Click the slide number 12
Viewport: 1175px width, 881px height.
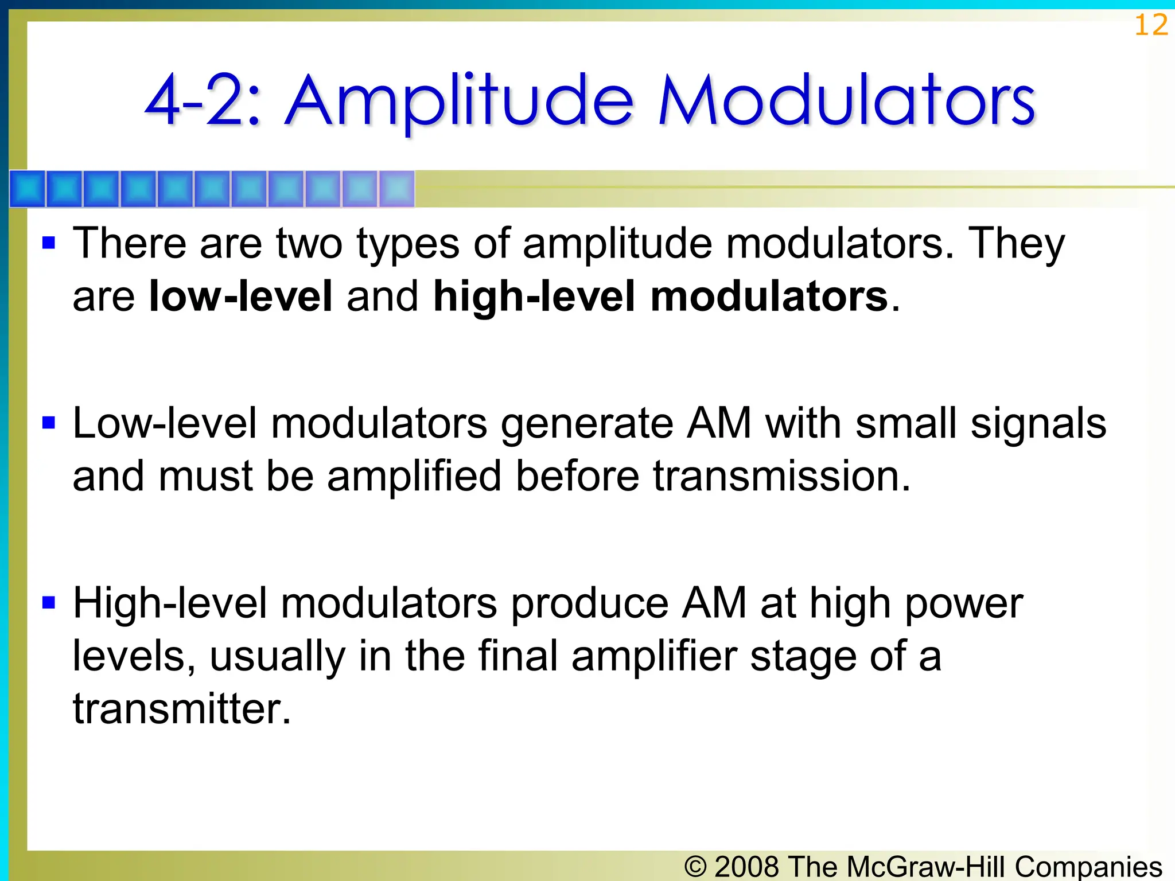[x=1151, y=26]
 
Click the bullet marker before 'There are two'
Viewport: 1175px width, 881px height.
[x=49, y=243]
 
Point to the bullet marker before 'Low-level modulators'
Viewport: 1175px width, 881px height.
[x=49, y=423]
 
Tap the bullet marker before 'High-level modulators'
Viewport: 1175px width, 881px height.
[x=49, y=603]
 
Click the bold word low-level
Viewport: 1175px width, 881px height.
[x=240, y=297]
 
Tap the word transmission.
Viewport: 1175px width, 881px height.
[x=781, y=477]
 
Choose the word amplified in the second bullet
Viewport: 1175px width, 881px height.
[x=414, y=477]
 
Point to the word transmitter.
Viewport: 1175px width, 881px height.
[x=182, y=710]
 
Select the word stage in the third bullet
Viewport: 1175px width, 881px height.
[x=803, y=657]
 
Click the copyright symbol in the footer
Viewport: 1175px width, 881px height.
[x=695, y=867]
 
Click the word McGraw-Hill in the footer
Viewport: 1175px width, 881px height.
[x=927, y=867]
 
